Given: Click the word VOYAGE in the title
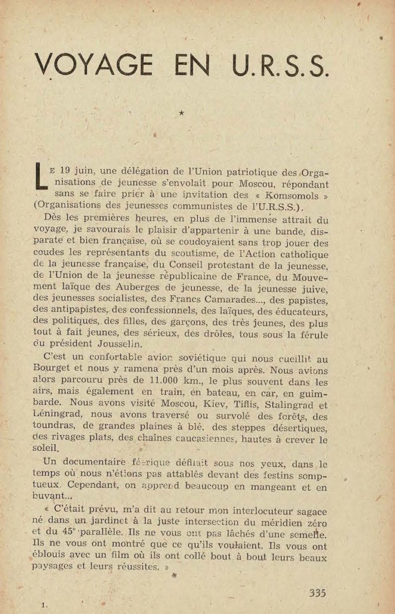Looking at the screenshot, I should point(95,65).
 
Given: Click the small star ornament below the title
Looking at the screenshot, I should point(182,112).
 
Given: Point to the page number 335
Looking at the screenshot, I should point(317,593).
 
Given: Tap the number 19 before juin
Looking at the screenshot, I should point(70,170).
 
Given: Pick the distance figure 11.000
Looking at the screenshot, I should point(182,382).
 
